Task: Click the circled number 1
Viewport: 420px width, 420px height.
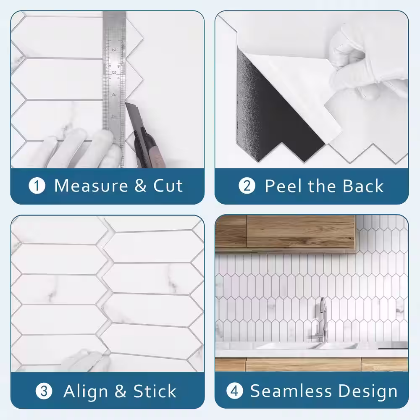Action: (37, 186)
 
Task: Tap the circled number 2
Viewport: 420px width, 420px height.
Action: (247, 186)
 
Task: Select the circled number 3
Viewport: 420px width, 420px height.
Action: (44, 391)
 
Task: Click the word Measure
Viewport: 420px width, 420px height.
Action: (91, 186)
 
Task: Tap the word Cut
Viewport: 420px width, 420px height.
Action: (168, 186)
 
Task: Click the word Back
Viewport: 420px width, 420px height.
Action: (363, 186)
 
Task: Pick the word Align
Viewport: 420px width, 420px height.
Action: (86, 392)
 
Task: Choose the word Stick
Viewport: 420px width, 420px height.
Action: (155, 391)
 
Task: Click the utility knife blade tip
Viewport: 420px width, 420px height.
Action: (126, 103)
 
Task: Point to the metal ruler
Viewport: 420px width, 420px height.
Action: (114, 88)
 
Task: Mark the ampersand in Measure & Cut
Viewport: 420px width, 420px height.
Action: (140, 186)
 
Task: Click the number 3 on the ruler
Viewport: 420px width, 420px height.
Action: (114, 72)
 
